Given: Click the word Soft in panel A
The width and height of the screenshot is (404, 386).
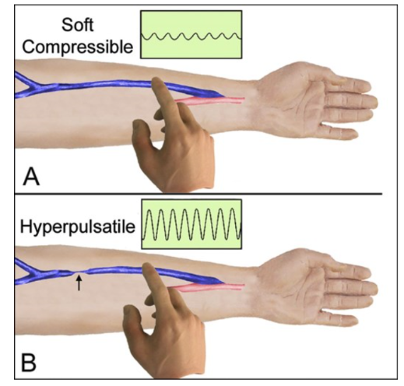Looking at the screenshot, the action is [x=77, y=25].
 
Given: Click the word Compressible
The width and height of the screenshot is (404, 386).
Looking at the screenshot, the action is [x=77, y=47].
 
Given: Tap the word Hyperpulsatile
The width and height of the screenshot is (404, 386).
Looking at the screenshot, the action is [x=78, y=226].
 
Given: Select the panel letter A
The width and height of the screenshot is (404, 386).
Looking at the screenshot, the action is [x=31, y=176].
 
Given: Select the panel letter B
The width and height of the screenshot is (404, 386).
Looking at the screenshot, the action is [x=29, y=362].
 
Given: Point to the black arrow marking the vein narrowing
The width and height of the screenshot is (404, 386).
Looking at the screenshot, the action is [x=79, y=283].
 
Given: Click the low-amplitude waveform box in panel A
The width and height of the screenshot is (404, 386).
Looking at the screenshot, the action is [x=191, y=34].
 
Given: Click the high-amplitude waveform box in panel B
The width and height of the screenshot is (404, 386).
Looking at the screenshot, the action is [x=191, y=224].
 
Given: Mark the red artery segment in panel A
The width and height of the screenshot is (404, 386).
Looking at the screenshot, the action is [x=209, y=100].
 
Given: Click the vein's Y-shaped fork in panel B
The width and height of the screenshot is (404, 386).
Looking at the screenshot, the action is [x=33, y=272].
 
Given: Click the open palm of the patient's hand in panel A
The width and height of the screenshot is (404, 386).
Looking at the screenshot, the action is [x=293, y=100].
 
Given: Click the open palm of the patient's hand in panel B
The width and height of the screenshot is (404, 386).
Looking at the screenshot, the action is [x=293, y=286].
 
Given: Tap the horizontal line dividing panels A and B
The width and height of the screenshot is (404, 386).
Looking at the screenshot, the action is [x=198, y=194].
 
